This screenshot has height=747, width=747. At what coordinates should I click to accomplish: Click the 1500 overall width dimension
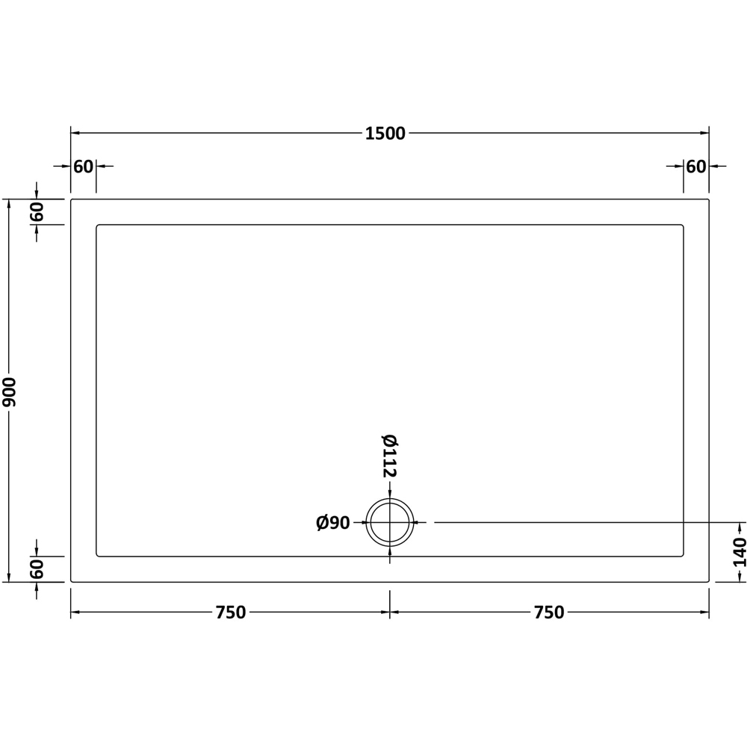click(x=385, y=134)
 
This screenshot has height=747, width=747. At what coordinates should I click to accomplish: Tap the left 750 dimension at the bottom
click(x=230, y=613)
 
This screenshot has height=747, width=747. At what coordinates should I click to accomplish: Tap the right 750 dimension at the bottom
click(x=548, y=613)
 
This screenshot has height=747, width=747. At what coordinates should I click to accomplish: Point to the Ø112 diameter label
click(x=389, y=456)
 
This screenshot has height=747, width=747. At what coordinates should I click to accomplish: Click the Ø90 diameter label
click(x=333, y=523)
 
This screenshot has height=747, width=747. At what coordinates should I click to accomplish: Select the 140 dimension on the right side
click(x=740, y=552)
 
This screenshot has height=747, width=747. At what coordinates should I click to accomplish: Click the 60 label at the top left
click(x=83, y=167)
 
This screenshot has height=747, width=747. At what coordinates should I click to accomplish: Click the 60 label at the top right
click(x=695, y=167)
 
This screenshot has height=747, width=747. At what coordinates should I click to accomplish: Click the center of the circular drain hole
click(x=389, y=522)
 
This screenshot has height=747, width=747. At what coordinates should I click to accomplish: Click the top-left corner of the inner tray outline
click(x=97, y=226)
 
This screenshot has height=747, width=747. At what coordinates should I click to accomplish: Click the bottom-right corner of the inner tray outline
click(x=683, y=556)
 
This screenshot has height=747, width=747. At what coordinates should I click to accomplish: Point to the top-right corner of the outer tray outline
click(x=708, y=200)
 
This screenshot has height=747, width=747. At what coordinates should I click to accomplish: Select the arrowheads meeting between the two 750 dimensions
click(x=389, y=613)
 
